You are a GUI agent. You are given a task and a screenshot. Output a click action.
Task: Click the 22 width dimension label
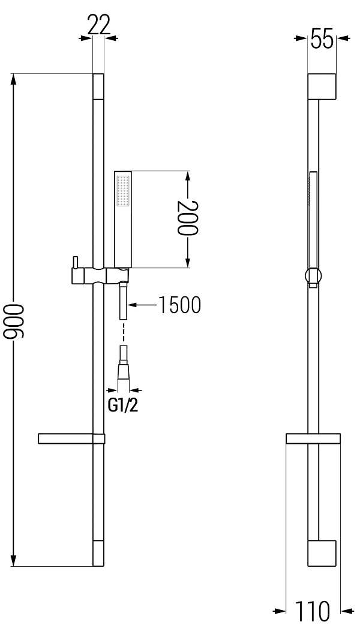(98, 26)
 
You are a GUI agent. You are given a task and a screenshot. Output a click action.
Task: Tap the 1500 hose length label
(179, 305)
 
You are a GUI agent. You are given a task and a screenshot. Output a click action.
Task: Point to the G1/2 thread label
(123, 405)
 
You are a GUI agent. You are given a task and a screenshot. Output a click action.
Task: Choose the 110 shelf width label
(313, 611)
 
